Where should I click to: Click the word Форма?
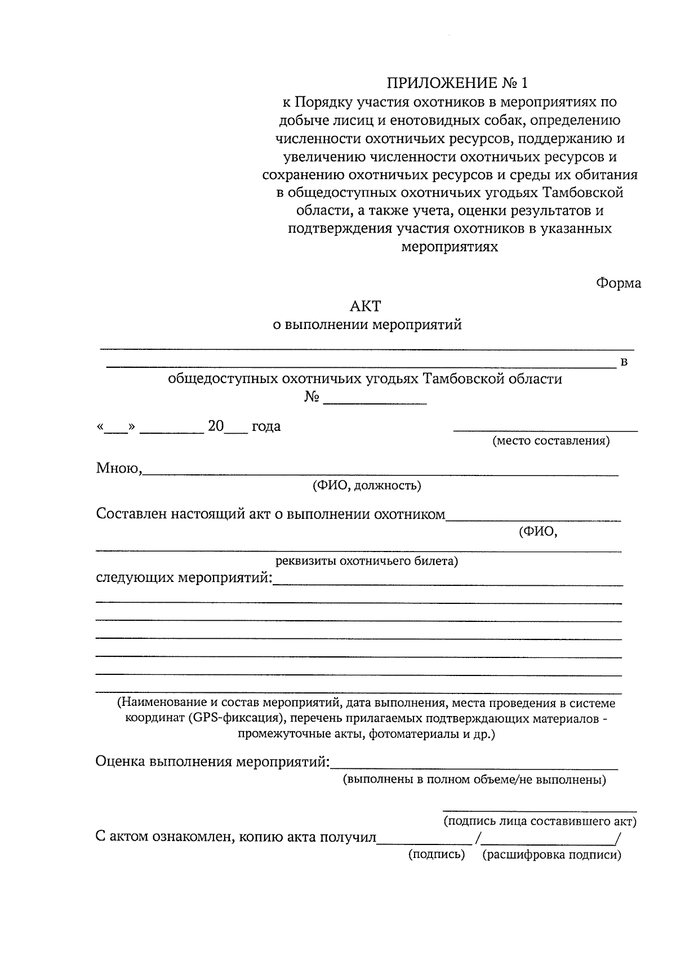[619, 283]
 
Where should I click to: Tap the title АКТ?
[366, 306]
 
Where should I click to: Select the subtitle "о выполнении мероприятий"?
[367, 325]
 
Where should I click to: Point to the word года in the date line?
[266, 426]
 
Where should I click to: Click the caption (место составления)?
[551, 441]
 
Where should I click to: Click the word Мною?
[118, 468]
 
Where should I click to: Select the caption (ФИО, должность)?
[367, 486]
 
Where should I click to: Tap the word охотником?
[410, 514]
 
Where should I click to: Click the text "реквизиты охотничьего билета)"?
[367, 561]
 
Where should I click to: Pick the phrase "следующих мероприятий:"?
[184, 579]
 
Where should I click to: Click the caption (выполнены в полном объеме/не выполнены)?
[475, 780]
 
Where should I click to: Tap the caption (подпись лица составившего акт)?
[540, 821]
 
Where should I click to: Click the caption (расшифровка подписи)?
[552, 855]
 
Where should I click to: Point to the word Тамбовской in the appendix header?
[583, 193]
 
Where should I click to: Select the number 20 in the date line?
[216, 426]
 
